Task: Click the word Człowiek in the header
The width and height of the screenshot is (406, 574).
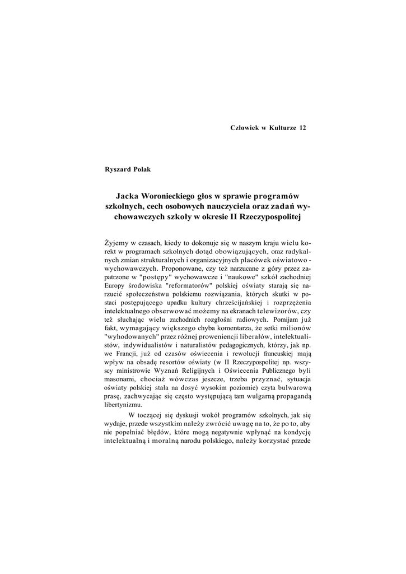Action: [x=245, y=128]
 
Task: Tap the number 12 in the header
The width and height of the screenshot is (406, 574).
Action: [x=303, y=128]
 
